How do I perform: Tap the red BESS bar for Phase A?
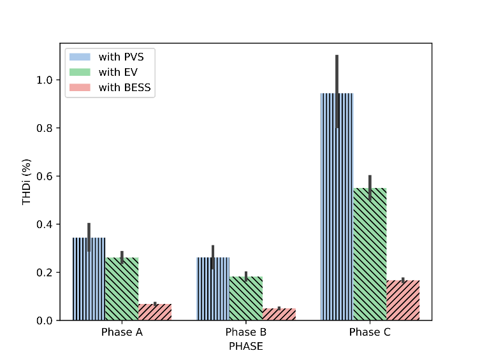155,312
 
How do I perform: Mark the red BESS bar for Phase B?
279,314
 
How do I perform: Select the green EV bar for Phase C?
370,254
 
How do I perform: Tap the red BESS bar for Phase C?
403,300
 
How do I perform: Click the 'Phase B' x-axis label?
246,333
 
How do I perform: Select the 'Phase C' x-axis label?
370,333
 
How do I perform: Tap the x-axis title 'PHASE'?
246,347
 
